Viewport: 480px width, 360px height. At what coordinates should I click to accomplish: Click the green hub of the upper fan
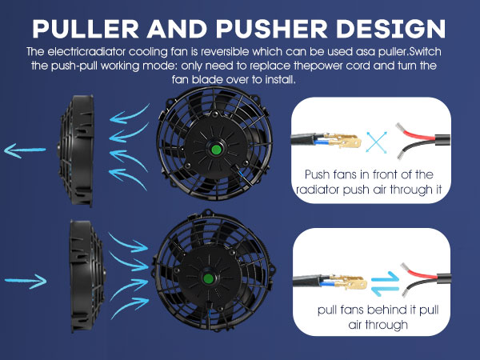click(x=216, y=149)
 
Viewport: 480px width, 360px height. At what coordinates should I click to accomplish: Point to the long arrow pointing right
click(x=28, y=280)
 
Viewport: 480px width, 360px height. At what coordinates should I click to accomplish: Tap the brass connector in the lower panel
click(x=341, y=282)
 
